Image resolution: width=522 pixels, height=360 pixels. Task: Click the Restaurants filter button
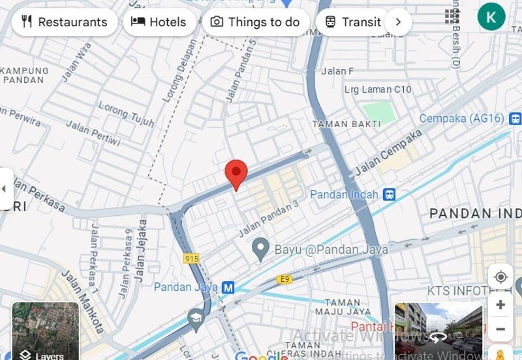[64, 22]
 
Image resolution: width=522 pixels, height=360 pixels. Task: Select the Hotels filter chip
[159, 22]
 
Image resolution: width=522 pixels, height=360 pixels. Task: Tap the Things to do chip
[255, 22]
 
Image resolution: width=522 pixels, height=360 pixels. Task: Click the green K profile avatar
[491, 16]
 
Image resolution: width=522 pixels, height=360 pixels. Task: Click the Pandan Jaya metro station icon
[228, 287]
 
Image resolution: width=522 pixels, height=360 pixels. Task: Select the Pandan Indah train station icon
[390, 194]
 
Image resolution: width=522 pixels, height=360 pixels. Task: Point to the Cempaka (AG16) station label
[461, 119]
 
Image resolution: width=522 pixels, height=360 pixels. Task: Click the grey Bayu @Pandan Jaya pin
[261, 248]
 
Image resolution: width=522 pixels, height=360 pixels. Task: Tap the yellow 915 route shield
[191, 259]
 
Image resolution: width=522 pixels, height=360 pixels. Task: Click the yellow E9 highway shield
[284, 279]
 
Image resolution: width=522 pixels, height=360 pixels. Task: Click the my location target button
[500, 277]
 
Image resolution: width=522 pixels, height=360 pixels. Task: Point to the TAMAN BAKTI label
[337, 123]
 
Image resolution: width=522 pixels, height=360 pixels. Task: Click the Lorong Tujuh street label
[127, 115]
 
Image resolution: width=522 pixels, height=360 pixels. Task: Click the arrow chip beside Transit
[398, 22]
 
